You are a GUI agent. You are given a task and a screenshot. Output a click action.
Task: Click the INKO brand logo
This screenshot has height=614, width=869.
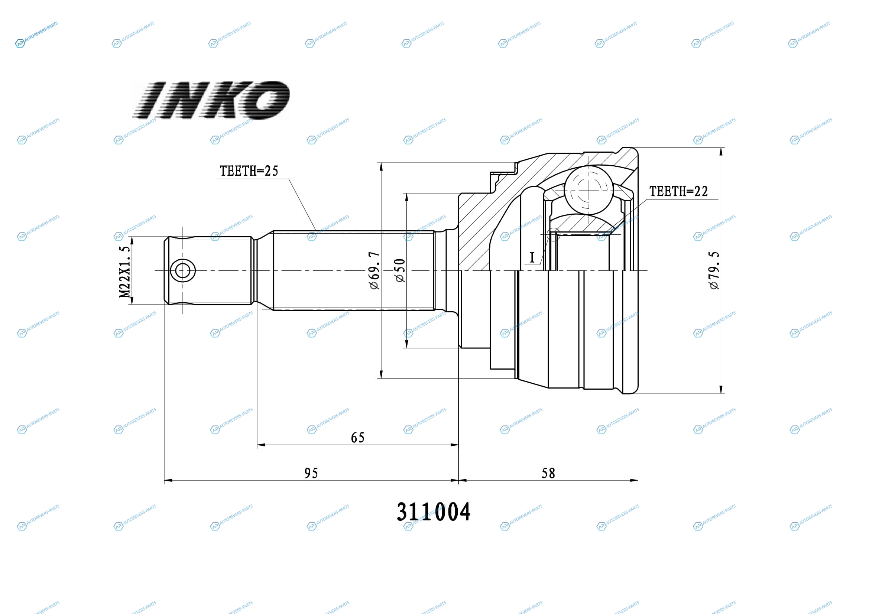(x=211, y=100)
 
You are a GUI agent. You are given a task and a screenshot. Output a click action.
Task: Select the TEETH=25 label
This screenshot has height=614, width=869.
(x=249, y=171)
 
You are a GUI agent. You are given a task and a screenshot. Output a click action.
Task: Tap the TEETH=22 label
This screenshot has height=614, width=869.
(x=679, y=191)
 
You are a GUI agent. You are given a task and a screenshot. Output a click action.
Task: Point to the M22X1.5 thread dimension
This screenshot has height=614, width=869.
(x=125, y=272)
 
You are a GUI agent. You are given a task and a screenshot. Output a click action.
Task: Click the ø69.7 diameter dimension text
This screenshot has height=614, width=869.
(x=374, y=270)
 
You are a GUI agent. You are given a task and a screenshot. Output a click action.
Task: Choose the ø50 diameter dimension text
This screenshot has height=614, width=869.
(x=400, y=270)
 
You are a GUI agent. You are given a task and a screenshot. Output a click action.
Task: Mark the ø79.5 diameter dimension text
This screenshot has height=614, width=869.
(x=714, y=270)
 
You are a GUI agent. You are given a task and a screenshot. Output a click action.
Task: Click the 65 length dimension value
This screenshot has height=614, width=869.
(x=358, y=438)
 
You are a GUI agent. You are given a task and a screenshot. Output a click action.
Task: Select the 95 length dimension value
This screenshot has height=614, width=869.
(x=311, y=473)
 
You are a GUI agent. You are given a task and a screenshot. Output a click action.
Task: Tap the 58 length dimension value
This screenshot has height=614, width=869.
(x=548, y=473)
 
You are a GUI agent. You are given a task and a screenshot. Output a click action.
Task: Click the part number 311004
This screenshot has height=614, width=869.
(x=433, y=512)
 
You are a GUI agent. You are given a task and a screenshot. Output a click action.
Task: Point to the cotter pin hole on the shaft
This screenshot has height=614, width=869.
(x=183, y=271)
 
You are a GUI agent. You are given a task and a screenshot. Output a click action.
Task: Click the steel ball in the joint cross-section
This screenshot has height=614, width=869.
(x=588, y=190)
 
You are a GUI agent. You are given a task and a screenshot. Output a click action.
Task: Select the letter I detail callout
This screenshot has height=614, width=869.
(x=532, y=258)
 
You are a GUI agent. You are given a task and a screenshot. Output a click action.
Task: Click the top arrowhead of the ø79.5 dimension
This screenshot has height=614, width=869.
(x=721, y=151)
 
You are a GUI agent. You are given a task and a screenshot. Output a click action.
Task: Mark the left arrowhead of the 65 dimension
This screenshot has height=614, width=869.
(x=261, y=445)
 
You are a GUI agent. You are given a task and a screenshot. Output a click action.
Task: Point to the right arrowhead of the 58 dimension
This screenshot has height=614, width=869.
(x=634, y=480)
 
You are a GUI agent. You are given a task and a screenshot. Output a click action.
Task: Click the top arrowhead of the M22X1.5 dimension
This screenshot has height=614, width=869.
(x=132, y=241)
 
